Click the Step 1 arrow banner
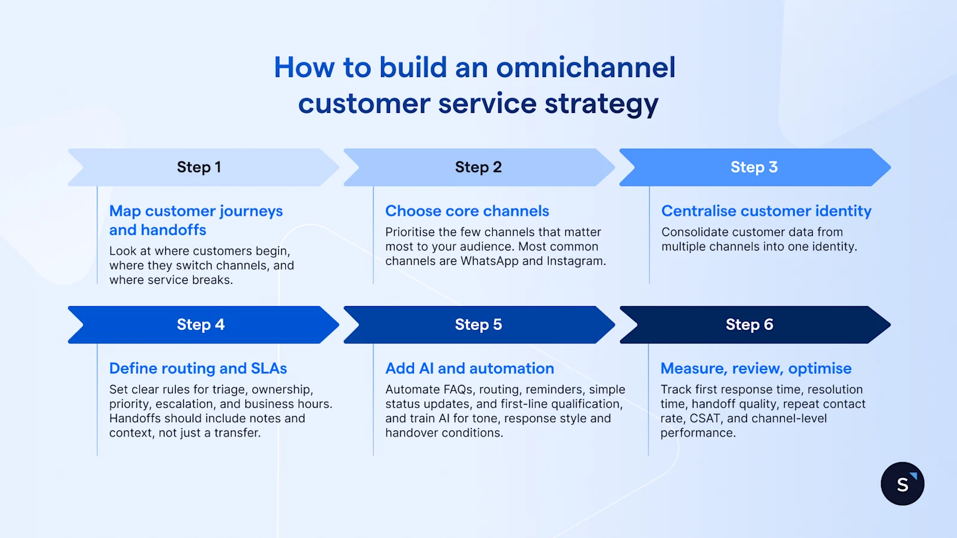[199, 167]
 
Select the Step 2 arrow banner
[478, 167]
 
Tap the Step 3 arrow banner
[754, 167]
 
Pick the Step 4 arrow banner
[200, 325]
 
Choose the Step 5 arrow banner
[478, 325]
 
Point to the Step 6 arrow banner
[749, 325]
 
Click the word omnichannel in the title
[586, 68]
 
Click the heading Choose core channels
[467, 211]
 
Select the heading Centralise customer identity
[766, 211]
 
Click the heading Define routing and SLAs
[198, 368]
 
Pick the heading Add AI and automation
[470, 368]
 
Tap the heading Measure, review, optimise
[755, 368]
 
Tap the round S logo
[902, 484]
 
